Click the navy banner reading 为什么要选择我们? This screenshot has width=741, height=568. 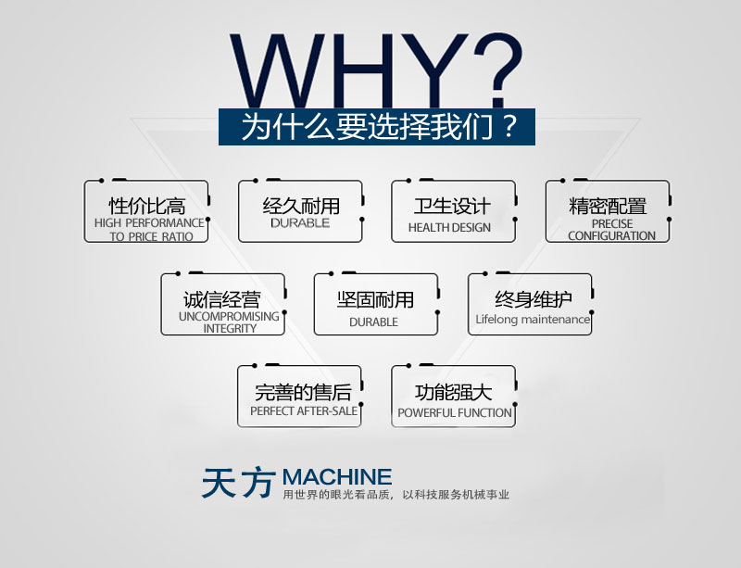[x=378, y=126]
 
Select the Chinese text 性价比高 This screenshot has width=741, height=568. [x=146, y=206]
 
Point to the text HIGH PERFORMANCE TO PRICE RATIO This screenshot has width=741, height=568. [x=149, y=230]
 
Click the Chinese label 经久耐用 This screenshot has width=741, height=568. [x=300, y=206]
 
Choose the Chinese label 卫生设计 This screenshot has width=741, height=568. [x=452, y=206]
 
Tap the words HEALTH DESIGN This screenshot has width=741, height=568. [x=449, y=228]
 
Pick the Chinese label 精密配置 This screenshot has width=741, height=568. [x=608, y=206]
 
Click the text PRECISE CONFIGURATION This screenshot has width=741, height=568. [x=611, y=230]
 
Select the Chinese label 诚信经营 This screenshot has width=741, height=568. [x=222, y=299]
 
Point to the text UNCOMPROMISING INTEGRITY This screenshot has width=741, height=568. [x=228, y=322]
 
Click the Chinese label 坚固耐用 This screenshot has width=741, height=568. [x=375, y=299]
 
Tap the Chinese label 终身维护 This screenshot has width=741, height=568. [x=533, y=299]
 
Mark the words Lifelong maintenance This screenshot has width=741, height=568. [x=533, y=320]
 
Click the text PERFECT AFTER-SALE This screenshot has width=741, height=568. [x=304, y=411]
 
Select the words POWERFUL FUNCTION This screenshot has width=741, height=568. [x=455, y=413]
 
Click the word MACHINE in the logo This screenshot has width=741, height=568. [x=337, y=477]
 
